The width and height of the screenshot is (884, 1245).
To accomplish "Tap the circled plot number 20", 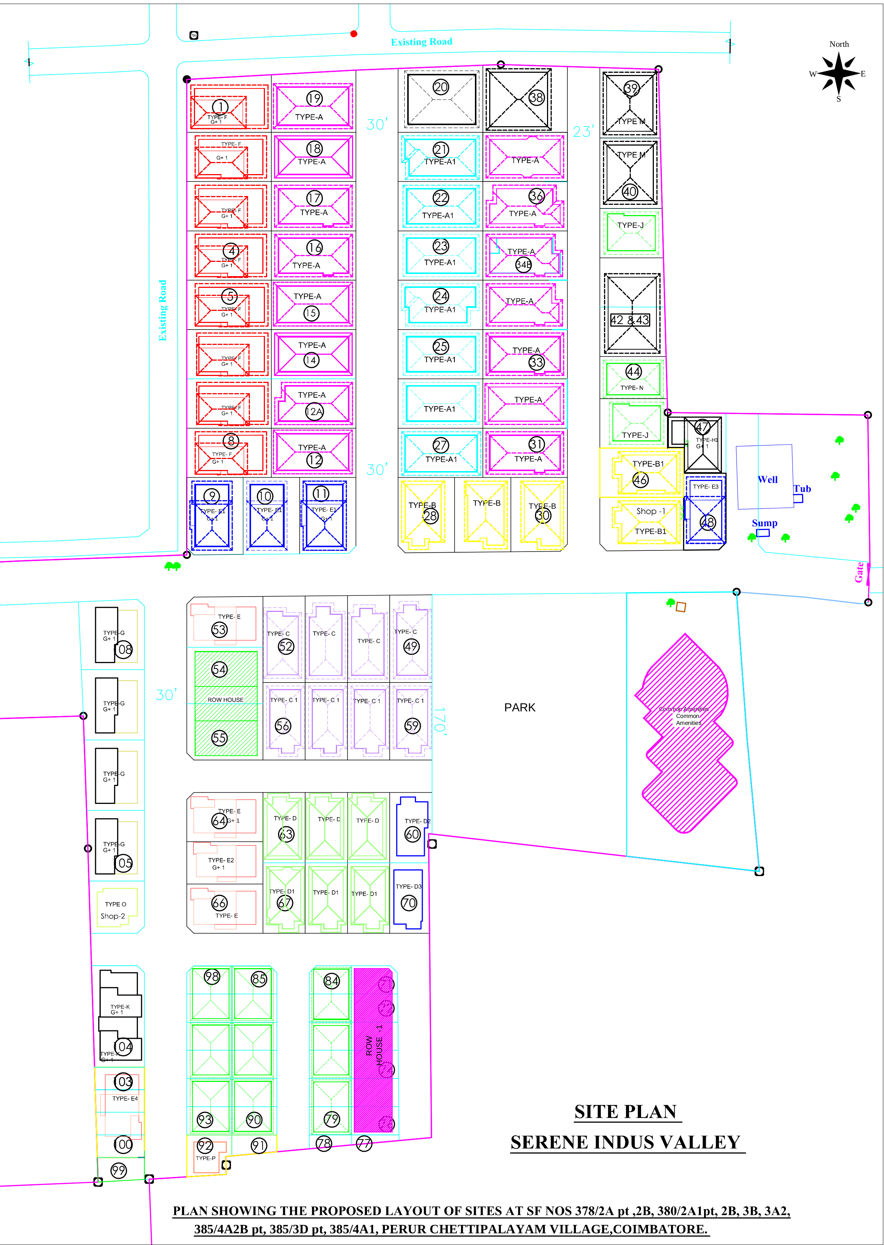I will pos(441,87).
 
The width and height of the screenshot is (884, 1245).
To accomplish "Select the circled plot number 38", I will pos(536,97).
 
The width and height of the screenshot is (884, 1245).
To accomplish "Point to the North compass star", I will pos(839,74).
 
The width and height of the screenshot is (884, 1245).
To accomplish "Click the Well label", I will pos(768,479).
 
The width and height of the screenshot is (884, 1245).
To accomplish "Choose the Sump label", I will pos(764,523).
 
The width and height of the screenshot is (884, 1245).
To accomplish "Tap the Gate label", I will pos(859,572).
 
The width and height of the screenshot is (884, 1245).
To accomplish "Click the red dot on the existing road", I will pos(354,34).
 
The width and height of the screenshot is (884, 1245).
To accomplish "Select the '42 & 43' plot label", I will pos(630,320).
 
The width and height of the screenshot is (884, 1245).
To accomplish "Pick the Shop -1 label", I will pos(651,511).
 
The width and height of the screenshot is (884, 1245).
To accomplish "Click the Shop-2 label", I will pos(113,916).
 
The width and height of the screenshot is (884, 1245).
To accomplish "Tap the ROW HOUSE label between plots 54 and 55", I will pos(225,700).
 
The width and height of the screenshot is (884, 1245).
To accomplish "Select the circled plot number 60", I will pos(413,834).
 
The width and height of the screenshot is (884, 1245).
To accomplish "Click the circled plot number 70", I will pos(409,903).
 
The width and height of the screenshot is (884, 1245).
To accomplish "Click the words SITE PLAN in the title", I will pos(625,1111).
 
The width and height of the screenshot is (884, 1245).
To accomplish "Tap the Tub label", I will pos(802,489).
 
